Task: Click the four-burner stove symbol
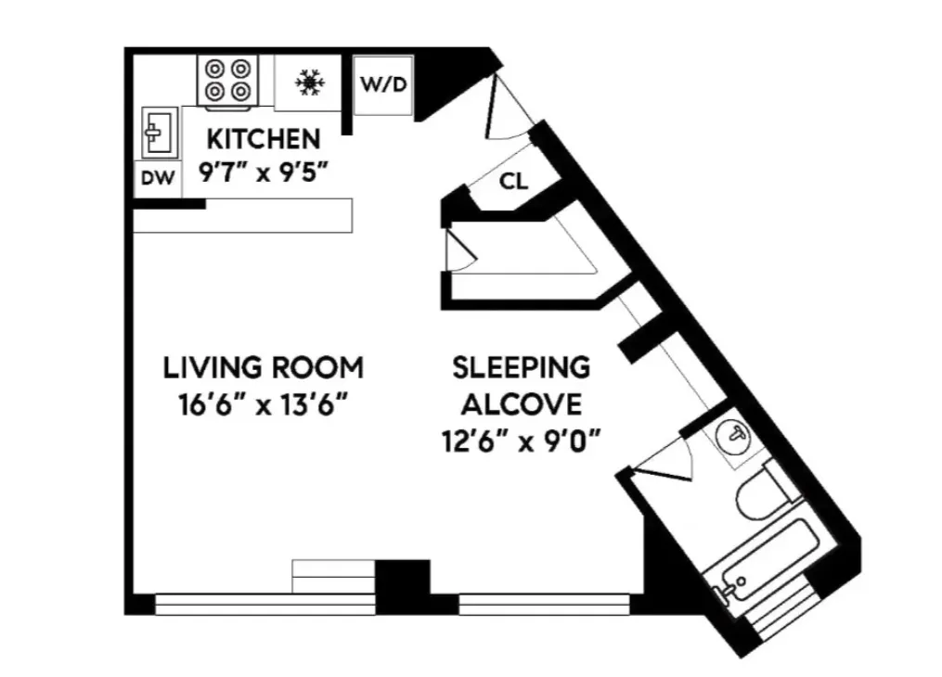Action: coord(228,80)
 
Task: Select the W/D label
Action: coord(383,85)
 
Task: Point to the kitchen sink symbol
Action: coord(158,132)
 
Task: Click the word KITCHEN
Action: coord(263,139)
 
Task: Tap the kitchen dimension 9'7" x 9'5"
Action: coord(263,172)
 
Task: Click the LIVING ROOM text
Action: coord(263,367)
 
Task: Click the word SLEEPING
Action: coord(521,367)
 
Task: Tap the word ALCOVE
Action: coord(522,404)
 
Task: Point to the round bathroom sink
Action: coord(736,434)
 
